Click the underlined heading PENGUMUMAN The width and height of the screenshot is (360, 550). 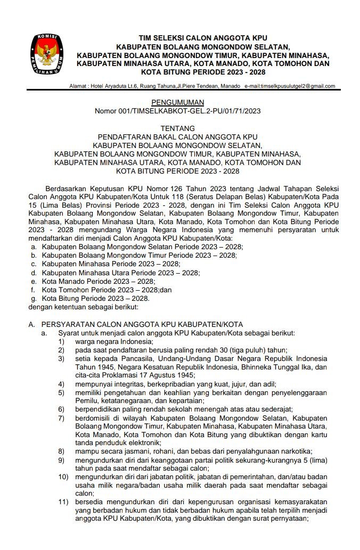point(177,102)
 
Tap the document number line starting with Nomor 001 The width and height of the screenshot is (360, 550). point(177,111)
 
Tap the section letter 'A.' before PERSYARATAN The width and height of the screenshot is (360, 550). point(32,324)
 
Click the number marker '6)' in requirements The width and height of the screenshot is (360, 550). point(62,409)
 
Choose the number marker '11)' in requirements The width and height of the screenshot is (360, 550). point(63,502)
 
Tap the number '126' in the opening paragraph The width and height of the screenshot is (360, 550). point(170,188)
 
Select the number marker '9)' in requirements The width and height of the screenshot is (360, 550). point(62,459)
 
